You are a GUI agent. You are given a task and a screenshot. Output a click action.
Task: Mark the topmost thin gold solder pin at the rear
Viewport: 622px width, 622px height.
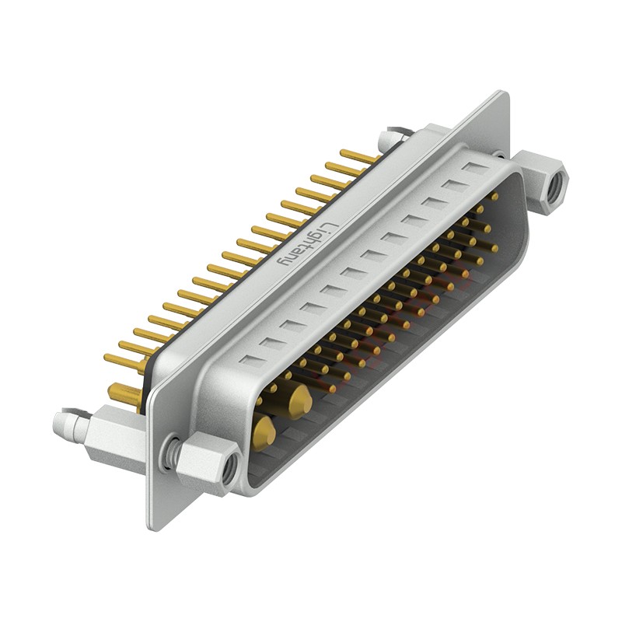tap(359, 155)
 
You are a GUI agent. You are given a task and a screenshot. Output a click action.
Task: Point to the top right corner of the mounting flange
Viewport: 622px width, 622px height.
tap(505, 95)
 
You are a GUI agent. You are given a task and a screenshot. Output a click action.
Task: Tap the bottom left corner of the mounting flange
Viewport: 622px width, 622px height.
tap(151, 526)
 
